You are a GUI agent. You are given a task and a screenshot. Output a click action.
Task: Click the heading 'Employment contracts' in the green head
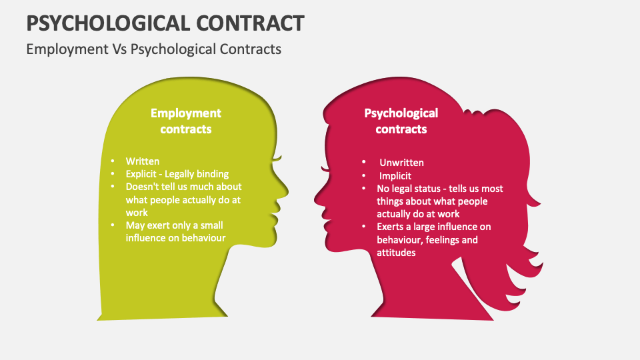click(x=186, y=121)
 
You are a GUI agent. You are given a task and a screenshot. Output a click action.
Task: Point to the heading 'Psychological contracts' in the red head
click(x=401, y=121)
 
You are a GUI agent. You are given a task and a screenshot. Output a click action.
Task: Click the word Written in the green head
click(x=143, y=161)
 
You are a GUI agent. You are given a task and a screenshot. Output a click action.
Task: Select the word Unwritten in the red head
click(x=401, y=163)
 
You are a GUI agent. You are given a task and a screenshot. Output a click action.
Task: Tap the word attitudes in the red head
click(x=396, y=253)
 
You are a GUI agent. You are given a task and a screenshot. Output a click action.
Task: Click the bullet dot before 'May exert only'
click(x=113, y=225)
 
